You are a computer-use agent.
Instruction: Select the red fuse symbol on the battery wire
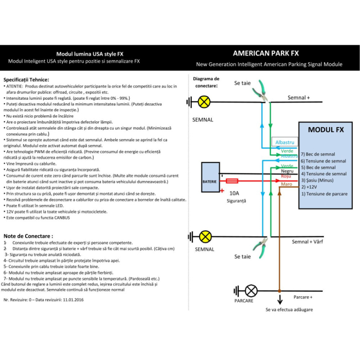(x=232, y=181)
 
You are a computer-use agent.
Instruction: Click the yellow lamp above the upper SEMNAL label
(x=204, y=102)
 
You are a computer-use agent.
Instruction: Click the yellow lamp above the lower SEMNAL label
(x=205, y=237)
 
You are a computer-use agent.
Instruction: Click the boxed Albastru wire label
(x=284, y=142)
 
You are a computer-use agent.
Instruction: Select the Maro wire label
(x=287, y=184)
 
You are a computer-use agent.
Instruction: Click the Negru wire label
(x=287, y=171)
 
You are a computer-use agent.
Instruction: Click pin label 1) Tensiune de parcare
(x=325, y=194)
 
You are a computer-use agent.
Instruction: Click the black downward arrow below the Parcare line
(x=280, y=299)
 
